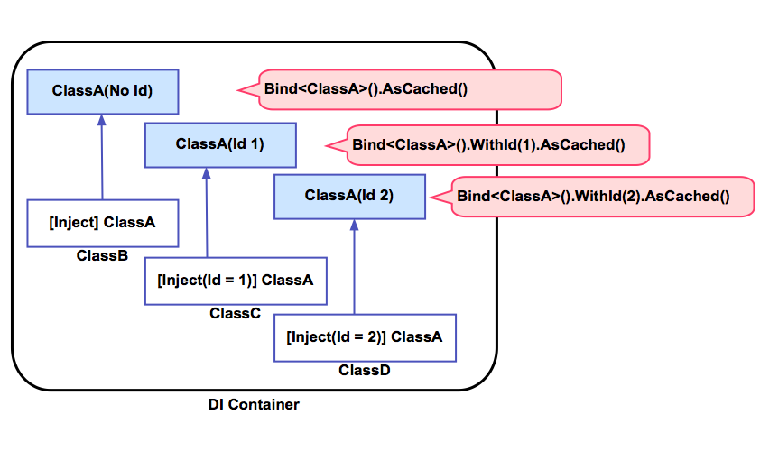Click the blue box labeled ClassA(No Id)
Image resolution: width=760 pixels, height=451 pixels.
coord(102,91)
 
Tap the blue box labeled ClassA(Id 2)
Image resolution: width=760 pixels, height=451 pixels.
coord(348,196)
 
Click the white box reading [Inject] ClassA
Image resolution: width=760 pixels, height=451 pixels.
coord(102,223)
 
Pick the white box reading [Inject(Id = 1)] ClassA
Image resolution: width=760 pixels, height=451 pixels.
coord(235,281)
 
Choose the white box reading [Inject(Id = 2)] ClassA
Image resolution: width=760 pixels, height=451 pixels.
coord(364,337)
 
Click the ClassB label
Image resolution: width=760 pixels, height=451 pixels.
coord(102,256)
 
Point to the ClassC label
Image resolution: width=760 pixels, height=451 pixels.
coord(235,314)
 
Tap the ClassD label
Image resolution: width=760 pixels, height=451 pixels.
coord(364,370)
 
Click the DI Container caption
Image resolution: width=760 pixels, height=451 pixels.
coord(254,405)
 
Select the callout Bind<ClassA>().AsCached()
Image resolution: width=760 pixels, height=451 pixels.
coord(410,90)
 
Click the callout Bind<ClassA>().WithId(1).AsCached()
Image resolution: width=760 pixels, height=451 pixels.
coord(488,144)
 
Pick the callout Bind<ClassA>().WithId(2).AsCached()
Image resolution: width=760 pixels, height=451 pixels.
coord(592,196)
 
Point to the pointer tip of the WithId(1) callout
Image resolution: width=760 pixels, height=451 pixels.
coord(326,144)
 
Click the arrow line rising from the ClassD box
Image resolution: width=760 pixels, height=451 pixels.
coord(354,271)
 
